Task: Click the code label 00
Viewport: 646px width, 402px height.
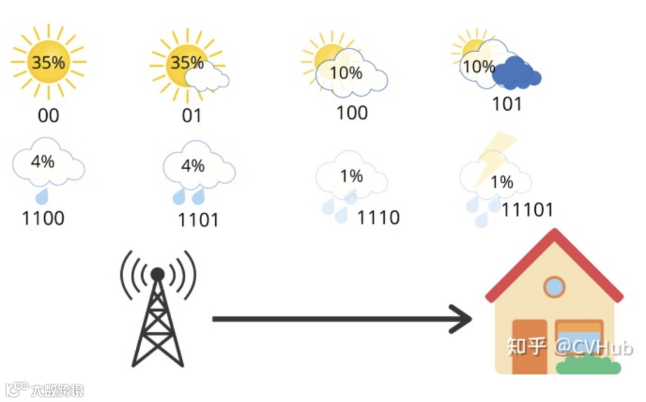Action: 48,115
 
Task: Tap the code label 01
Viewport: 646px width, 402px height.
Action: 191,115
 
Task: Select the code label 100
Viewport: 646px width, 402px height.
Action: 352,112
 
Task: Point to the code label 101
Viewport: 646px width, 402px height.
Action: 507,104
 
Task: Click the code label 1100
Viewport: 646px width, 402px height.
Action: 43,218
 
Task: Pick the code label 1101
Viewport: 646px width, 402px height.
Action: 198,220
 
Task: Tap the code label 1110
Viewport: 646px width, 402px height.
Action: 378,217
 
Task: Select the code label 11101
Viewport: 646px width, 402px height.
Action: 527,209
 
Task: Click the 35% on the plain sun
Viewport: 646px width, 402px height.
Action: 48,62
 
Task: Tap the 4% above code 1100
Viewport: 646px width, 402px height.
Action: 42,161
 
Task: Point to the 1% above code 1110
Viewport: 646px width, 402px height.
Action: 351,176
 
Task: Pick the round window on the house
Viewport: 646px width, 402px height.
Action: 554,287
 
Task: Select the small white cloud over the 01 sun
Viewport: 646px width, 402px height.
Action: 207,78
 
